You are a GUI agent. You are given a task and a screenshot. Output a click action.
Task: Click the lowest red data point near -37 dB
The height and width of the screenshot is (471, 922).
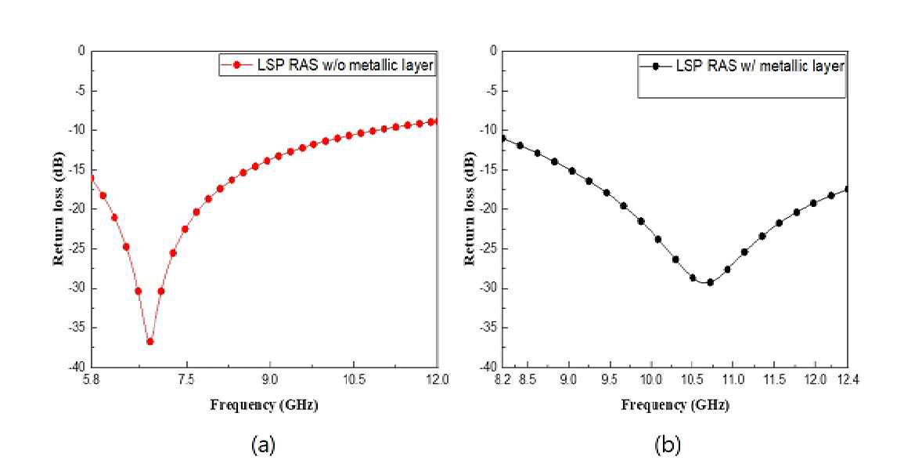[x=150, y=342]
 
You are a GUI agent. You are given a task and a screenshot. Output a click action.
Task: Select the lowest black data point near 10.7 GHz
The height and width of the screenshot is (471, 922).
[x=710, y=283]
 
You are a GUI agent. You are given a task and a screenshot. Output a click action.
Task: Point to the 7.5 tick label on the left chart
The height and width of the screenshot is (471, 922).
[x=186, y=380]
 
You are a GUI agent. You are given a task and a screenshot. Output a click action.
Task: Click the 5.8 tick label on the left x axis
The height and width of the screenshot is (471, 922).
[x=91, y=380]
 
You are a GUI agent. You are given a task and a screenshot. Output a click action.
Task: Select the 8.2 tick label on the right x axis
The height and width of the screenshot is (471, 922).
[x=502, y=380]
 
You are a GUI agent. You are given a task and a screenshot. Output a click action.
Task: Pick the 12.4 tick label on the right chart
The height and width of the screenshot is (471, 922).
[x=848, y=380]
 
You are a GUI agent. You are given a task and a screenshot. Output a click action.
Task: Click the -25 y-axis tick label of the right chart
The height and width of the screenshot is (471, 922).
[x=489, y=249]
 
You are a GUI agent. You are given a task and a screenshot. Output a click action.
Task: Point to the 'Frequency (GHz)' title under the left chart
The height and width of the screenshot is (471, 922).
[x=264, y=405]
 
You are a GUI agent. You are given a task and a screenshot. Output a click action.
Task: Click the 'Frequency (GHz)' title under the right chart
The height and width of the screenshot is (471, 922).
[x=675, y=405]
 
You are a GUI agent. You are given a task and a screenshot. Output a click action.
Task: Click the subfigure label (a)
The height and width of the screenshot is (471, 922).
[x=263, y=445]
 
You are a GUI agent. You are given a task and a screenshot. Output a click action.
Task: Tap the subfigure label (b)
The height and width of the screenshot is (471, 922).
[x=668, y=445]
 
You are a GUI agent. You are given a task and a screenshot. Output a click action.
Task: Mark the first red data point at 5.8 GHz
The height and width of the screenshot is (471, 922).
[x=91, y=178]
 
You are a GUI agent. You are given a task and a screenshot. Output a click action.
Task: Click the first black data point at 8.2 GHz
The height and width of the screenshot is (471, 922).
[x=502, y=139]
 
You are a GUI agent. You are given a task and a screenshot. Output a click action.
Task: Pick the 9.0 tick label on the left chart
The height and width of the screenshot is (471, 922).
[x=270, y=380]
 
